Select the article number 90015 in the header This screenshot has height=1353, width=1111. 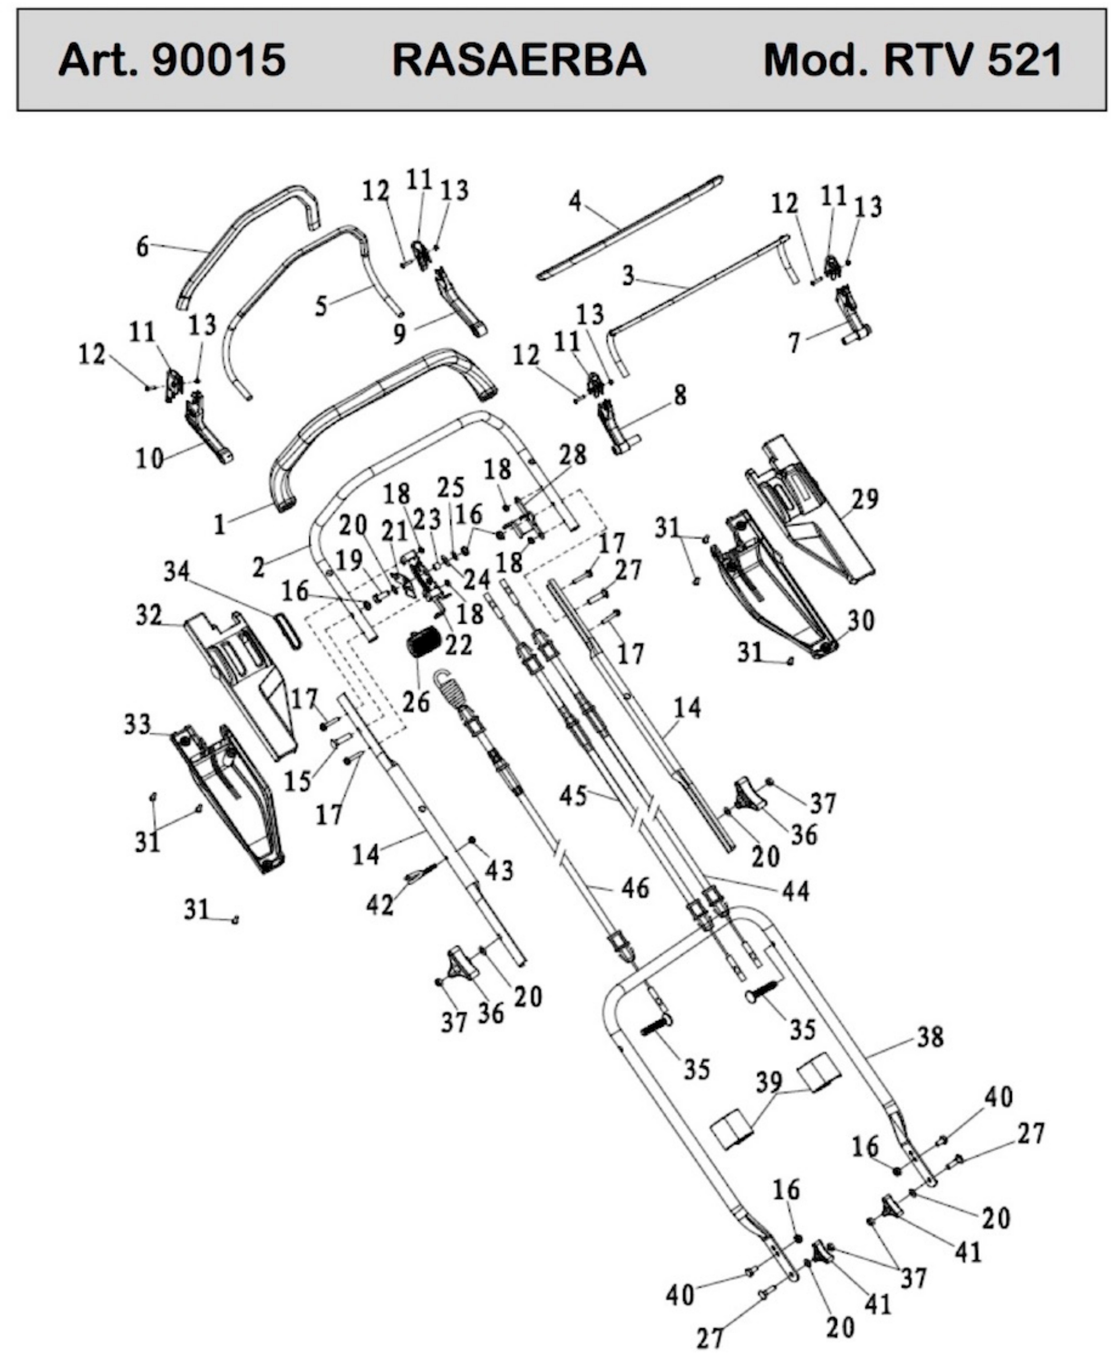click(219, 60)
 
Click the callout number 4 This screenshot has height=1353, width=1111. click(575, 202)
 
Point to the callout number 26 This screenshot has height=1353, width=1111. click(416, 702)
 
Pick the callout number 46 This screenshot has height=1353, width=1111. click(635, 888)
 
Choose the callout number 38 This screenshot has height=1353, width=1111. click(930, 1037)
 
